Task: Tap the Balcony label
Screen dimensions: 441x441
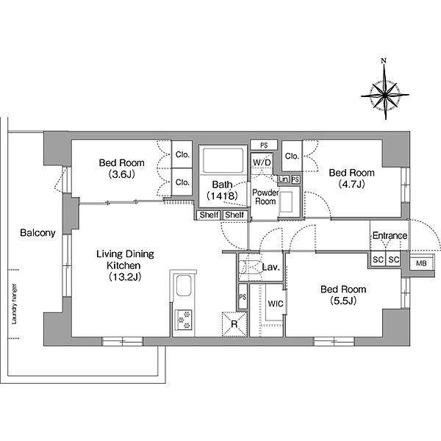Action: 37,233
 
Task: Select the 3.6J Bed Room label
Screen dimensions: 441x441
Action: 122,168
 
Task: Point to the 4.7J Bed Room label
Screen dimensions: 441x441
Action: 351,178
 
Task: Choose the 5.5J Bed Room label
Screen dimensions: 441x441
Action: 343,295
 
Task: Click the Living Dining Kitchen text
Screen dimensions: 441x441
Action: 125,265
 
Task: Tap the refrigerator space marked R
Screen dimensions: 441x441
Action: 234,324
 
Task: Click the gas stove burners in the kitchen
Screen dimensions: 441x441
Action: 184,320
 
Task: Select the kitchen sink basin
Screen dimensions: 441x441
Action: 184,286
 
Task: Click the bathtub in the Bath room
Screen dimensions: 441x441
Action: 223,160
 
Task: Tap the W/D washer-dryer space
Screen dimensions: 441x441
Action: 262,162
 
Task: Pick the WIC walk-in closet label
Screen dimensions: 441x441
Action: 276,304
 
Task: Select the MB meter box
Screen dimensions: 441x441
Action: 421,263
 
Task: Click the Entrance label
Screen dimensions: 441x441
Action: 390,235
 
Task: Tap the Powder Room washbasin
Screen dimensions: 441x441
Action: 287,202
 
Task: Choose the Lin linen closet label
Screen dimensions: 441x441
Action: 284,179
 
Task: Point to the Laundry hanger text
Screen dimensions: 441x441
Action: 14,304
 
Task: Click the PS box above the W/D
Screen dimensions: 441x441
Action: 264,145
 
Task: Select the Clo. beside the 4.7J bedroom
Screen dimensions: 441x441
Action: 292,156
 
